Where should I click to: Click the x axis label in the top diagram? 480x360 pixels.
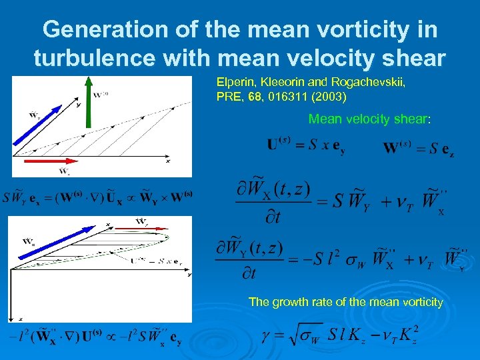point(168,161)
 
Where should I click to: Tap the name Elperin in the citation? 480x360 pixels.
point(233,83)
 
